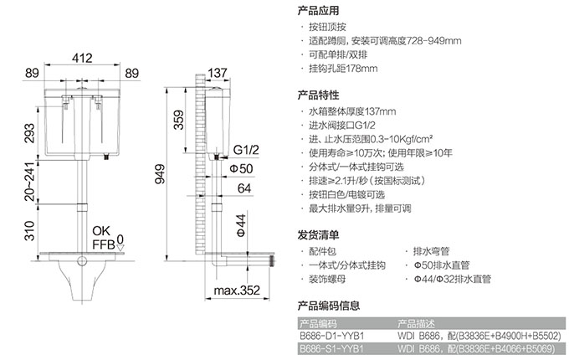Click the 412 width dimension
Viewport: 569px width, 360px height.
[82, 58]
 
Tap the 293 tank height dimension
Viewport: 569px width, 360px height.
[29, 133]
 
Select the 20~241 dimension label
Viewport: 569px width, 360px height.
[29, 182]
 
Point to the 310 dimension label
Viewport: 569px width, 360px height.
[29, 231]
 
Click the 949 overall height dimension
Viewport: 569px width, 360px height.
[160, 174]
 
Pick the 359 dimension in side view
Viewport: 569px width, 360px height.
[179, 120]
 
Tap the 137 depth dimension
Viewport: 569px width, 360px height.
[217, 73]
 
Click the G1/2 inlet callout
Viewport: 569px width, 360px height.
[246, 150]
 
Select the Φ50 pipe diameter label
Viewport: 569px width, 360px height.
[241, 169]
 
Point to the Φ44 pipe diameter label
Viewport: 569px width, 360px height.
[241, 225]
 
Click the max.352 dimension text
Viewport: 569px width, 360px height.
[237, 291]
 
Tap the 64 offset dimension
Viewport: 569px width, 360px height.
[244, 188]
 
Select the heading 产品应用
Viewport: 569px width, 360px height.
[318, 10]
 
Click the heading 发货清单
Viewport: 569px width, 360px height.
[318, 235]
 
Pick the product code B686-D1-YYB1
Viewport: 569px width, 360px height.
[331, 336]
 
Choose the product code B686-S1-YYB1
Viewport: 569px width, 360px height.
[331, 349]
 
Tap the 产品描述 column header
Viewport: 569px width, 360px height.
[416, 323]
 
